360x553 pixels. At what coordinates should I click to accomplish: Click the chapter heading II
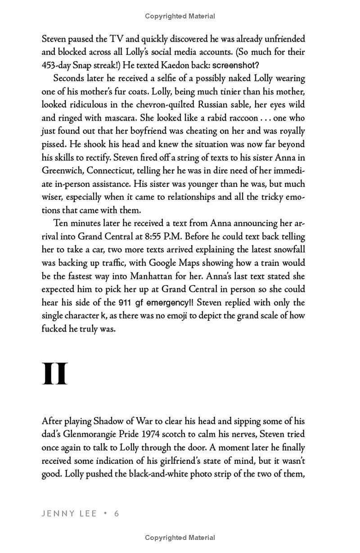pos(54,374)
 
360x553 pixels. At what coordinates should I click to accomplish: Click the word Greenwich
pos(62,171)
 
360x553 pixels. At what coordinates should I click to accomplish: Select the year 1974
pos(159,435)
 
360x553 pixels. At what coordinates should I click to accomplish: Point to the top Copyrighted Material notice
pos(180,16)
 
